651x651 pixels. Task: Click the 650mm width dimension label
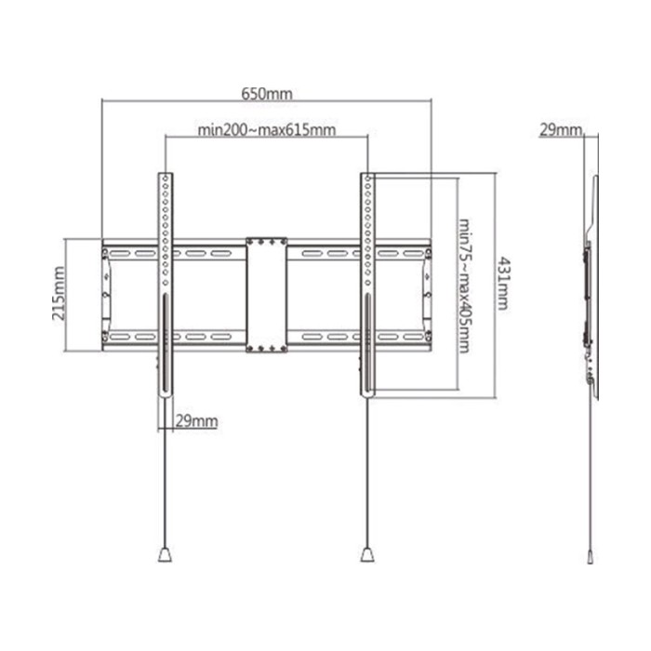point(267,94)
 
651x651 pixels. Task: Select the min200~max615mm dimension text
point(267,130)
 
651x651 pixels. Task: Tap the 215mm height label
point(60,294)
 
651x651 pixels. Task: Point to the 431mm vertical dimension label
point(504,283)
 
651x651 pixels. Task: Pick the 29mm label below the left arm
point(196,421)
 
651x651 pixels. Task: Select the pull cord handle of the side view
point(591,556)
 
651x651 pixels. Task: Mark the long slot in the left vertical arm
point(166,344)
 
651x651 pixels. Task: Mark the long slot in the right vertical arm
point(367,344)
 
